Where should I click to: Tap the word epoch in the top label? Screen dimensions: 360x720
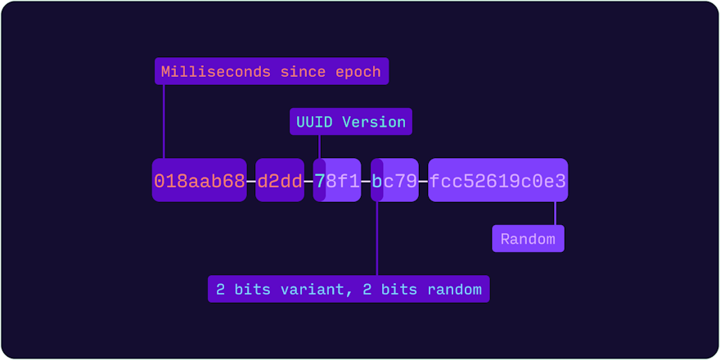tap(358, 72)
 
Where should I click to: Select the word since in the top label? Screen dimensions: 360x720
tap(303, 72)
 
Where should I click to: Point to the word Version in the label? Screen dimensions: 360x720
tap(374, 122)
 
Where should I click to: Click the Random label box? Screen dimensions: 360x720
tap(528, 239)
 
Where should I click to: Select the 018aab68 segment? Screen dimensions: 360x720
tap(200, 181)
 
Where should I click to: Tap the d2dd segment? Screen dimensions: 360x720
tap(280, 181)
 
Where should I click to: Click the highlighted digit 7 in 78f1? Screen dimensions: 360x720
tap(320, 181)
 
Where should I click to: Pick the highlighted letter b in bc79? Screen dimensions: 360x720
tap(377, 181)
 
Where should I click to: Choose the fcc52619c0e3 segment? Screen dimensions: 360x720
tap(497, 181)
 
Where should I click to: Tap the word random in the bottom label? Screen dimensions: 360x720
tap(456, 289)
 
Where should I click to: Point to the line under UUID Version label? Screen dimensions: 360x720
tap(319, 146)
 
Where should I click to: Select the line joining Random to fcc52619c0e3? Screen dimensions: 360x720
tap(556, 214)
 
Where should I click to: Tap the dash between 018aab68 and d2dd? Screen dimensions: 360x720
tap(251, 181)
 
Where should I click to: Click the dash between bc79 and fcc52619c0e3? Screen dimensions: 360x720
tap(424, 181)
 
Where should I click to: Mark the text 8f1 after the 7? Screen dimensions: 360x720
tap(343, 181)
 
